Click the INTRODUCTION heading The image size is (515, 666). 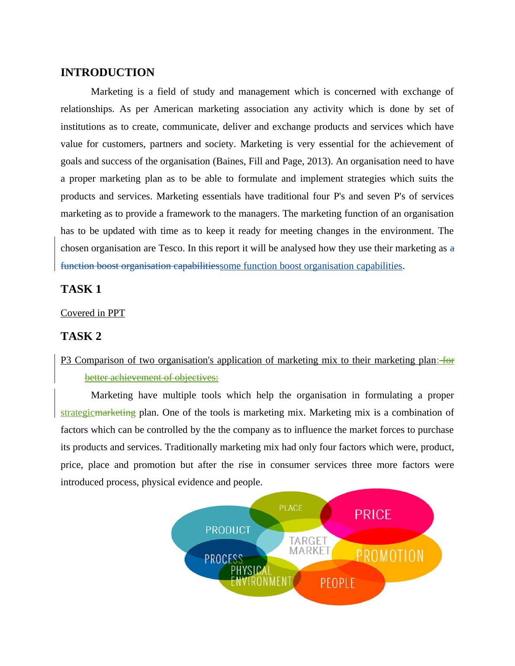[x=107, y=73]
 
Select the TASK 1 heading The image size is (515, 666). [x=81, y=289]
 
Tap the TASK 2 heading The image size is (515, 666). [x=81, y=336]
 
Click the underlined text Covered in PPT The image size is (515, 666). [x=93, y=313]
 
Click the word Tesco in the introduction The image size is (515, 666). [x=171, y=249]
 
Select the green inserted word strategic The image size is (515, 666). [x=77, y=413]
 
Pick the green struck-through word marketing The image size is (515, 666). [x=115, y=413]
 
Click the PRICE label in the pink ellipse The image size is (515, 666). [x=373, y=514]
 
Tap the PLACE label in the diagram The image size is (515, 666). [x=290, y=508]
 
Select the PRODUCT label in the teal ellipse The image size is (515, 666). [x=228, y=530]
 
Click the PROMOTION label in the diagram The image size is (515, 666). [x=389, y=556]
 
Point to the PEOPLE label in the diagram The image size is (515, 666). [x=337, y=583]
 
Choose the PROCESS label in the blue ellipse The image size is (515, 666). [x=223, y=559]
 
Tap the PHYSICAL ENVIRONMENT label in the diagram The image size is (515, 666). [x=261, y=576]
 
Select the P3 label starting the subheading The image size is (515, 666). [x=66, y=361]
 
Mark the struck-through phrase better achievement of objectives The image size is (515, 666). [x=151, y=378]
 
